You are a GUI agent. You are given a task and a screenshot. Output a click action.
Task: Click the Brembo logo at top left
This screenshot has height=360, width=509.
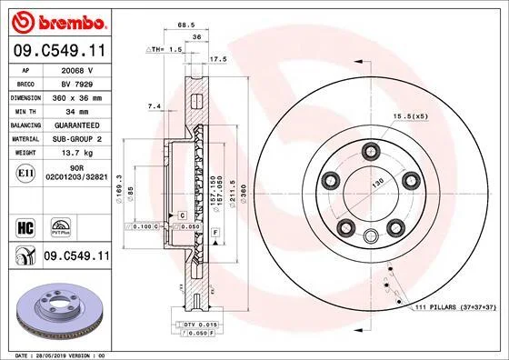click(59, 22)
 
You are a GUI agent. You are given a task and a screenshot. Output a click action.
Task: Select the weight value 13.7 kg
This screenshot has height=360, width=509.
click(77, 153)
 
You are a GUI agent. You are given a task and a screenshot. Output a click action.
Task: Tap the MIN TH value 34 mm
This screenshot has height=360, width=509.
click(77, 112)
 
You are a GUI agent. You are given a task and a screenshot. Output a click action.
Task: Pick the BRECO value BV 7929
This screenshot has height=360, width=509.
click(77, 85)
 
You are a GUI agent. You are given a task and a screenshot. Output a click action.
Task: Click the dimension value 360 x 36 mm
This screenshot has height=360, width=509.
click(77, 98)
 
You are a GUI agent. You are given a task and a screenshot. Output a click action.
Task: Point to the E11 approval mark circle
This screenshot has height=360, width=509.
click(25, 173)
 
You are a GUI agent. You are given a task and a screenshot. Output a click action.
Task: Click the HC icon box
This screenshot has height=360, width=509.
click(25, 228)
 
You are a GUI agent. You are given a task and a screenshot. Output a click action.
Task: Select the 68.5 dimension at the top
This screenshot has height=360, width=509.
click(186, 25)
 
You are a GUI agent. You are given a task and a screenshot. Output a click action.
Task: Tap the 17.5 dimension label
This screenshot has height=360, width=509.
click(218, 59)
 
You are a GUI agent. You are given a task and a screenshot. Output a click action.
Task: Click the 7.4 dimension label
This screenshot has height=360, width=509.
click(155, 106)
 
